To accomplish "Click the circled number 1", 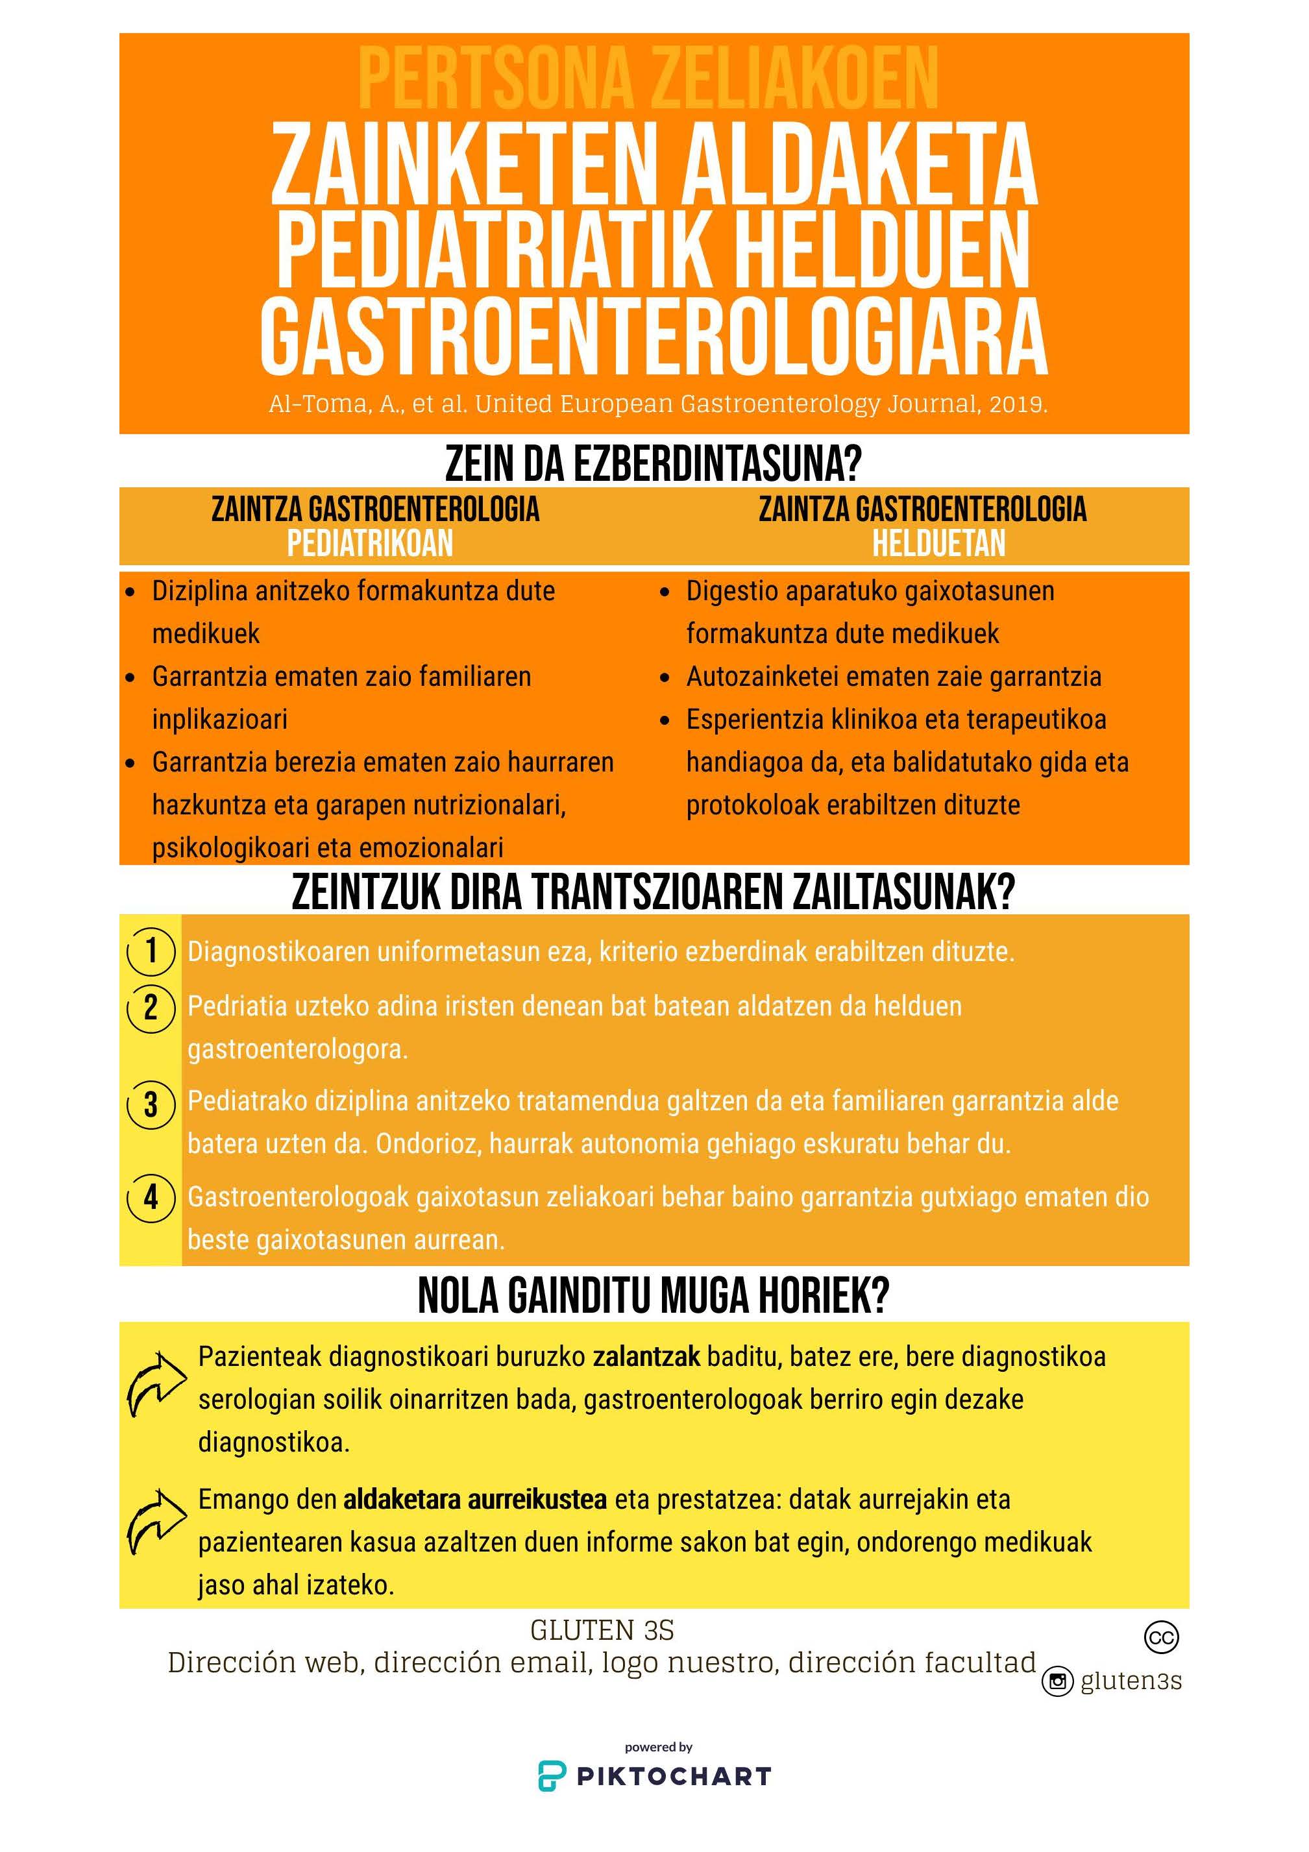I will tap(151, 952).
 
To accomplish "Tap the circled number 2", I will tap(151, 1008).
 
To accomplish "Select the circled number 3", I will tap(151, 1104).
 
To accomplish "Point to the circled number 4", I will tap(151, 1197).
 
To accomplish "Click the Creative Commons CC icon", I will tap(1162, 1637).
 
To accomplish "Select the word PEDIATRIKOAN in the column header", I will tap(370, 544).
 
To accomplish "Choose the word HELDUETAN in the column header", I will tap(939, 544).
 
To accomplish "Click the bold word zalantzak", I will tap(646, 1357).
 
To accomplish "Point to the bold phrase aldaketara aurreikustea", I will tap(475, 1500).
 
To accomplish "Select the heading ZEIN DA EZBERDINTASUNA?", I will tap(654, 464).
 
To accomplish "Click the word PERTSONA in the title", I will tap(495, 79).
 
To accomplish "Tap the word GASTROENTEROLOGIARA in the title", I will tap(654, 337).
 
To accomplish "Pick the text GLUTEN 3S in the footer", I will tap(602, 1631).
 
